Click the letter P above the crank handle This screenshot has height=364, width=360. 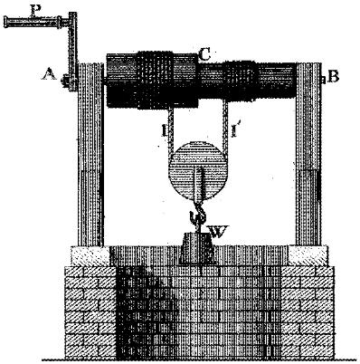[x=36, y=11]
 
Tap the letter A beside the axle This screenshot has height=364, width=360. [x=49, y=73]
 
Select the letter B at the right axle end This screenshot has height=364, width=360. [x=333, y=76]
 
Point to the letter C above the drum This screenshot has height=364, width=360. [x=204, y=54]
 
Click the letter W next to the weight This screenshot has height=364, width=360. [x=219, y=232]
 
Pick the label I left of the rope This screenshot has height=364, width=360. [x=165, y=130]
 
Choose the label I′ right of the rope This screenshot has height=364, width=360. [x=234, y=130]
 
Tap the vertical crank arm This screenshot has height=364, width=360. [x=72, y=52]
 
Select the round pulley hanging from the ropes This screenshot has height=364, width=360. [x=199, y=169]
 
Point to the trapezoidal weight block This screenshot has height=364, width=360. [x=197, y=248]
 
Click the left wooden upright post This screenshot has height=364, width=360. [x=90, y=155]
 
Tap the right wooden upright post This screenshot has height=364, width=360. [x=308, y=154]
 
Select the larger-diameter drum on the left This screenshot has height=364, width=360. [x=152, y=80]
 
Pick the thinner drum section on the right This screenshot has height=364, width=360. [x=247, y=81]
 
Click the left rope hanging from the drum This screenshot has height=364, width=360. [x=171, y=129]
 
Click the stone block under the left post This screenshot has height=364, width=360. [x=90, y=256]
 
